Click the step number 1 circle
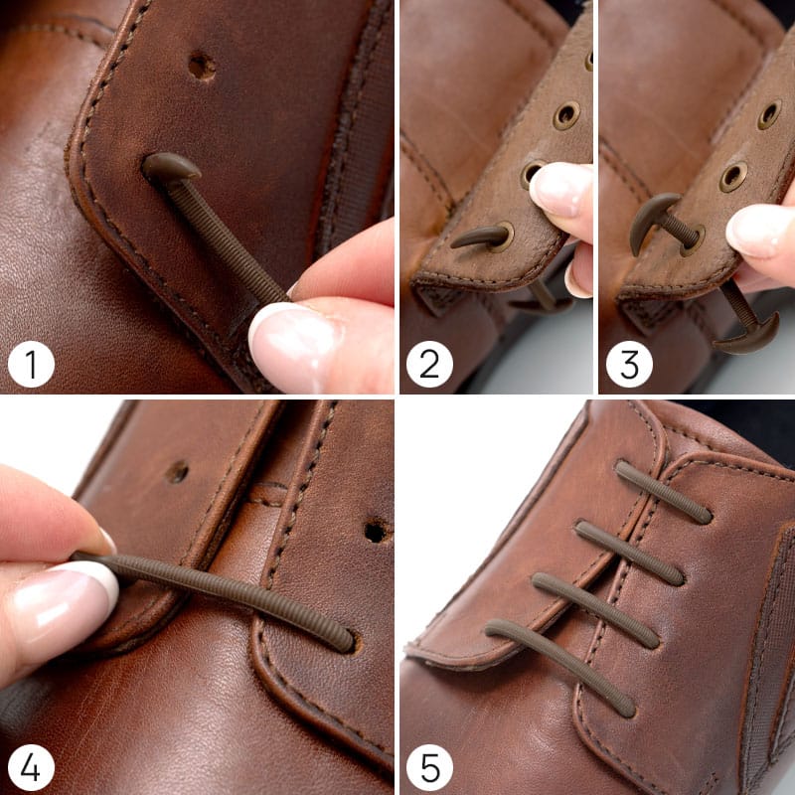click(x=31, y=364)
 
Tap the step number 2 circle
click(x=429, y=364)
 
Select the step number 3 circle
click(x=629, y=364)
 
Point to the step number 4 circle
click(x=31, y=767)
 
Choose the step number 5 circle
click(x=429, y=767)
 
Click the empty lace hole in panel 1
click(x=203, y=67)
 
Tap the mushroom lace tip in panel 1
click(x=171, y=166)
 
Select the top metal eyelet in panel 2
click(x=566, y=115)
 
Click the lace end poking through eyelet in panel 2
click(x=479, y=238)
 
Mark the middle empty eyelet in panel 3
click(x=733, y=176)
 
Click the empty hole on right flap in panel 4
click(x=376, y=532)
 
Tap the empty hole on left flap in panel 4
click(x=177, y=473)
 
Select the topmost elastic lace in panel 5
click(x=664, y=492)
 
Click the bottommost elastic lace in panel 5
click(x=560, y=666)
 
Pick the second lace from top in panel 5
click(x=629, y=553)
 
